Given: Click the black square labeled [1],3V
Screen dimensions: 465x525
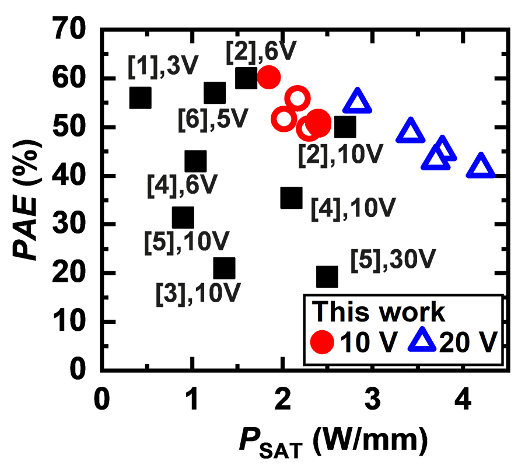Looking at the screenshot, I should click(141, 98).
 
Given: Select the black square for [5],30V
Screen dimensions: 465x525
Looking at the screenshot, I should click(327, 277).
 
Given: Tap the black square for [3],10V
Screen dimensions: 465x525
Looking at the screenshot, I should click(224, 268).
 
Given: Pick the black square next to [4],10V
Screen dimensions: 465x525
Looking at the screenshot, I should click(292, 198).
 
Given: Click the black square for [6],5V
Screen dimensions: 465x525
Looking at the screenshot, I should click(215, 92).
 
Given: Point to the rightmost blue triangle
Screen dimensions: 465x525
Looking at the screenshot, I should click(481, 167).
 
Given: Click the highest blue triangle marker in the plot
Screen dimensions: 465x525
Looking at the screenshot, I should click(358, 102).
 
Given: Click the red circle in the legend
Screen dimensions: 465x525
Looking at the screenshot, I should click(322, 341).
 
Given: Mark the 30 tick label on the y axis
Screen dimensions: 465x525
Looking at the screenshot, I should click(70, 225).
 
